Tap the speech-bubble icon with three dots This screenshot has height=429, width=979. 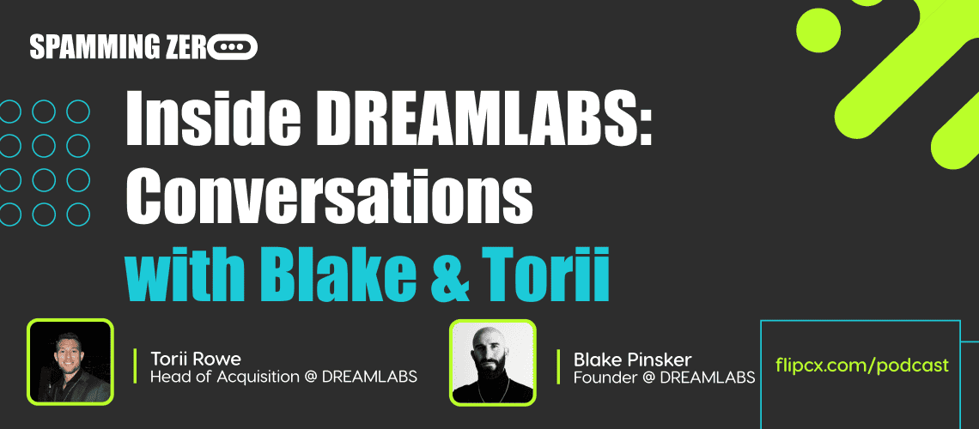tap(232, 47)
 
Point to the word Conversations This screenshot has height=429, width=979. tap(329, 197)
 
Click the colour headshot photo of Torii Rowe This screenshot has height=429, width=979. tap(70, 362)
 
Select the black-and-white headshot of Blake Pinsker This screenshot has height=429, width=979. tap(493, 362)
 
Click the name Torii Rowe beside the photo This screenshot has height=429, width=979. tap(196, 360)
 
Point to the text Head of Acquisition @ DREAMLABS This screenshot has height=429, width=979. tap(283, 377)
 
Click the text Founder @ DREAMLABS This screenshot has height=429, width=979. tap(665, 377)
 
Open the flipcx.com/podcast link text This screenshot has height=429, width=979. tap(862, 365)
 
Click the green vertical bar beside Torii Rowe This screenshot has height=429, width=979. tap(136, 366)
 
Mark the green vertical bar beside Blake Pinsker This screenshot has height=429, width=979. tap(559, 366)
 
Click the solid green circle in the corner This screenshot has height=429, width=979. tap(819, 30)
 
